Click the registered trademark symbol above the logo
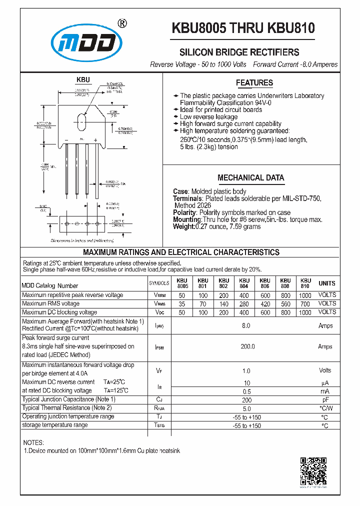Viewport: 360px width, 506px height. [121, 23]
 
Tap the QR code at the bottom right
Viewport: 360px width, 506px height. [313, 471]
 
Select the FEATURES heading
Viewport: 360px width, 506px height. [254, 83]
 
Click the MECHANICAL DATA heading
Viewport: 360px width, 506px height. [250, 177]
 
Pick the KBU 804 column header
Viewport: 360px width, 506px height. [244, 283]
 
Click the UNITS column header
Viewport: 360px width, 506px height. [327, 283]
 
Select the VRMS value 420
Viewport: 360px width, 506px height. [264, 303]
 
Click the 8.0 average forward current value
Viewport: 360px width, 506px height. [246, 325]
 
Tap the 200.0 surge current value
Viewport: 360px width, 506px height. [247, 346]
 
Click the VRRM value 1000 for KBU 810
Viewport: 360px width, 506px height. [305, 295]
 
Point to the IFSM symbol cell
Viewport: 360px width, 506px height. [159, 346]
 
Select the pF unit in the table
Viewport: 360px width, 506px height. [325, 400]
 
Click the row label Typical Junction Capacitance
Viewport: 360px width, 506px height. [68, 399]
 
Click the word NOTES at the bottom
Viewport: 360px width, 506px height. [33, 442]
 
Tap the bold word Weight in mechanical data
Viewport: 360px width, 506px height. [183, 226]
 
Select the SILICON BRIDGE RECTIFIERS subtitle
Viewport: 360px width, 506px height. [239, 52]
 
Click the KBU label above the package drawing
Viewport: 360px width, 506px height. [83, 79]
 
